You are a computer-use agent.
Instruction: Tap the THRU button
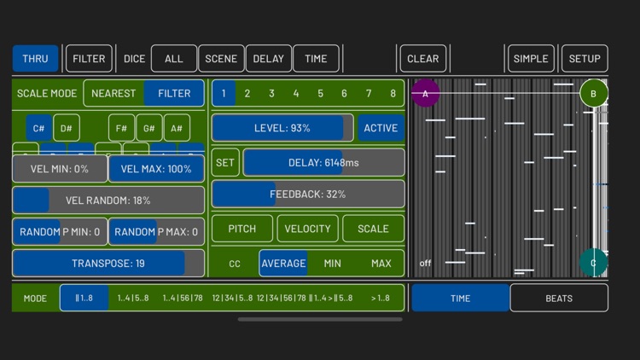click(x=35, y=59)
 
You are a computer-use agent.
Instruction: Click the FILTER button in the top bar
click(x=89, y=59)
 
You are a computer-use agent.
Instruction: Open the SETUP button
click(x=585, y=59)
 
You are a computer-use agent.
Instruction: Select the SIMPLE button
click(x=530, y=59)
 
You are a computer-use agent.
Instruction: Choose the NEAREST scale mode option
click(x=113, y=93)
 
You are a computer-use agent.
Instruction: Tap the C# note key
click(x=39, y=128)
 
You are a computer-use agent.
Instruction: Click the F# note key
click(x=122, y=128)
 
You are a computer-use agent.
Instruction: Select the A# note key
click(x=177, y=128)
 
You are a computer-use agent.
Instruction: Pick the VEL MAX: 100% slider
click(x=156, y=169)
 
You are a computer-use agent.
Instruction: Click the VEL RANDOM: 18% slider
click(x=108, y=200)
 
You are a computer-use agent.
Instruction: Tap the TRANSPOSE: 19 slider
click(x=108, y=264)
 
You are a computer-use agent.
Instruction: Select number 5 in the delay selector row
click(x=321, y=93)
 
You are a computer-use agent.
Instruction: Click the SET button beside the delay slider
click(x=225, y=163)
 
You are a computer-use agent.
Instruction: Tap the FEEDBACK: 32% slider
click(x=308, y=195)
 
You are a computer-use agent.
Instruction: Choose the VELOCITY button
click(x=307, y=229)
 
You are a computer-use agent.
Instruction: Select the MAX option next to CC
click(x=381, y=264)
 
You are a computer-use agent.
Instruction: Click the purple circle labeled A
click(x=426, y=93)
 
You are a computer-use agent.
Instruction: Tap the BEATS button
click(x=559, y=299)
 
